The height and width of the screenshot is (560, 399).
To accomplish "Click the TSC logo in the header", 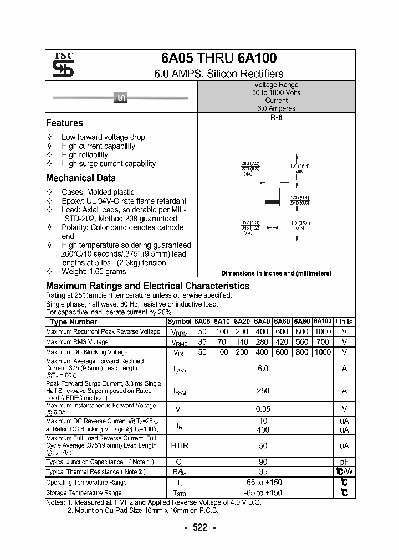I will pos(59,65).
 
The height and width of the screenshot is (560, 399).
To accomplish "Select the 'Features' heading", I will pos(64,123).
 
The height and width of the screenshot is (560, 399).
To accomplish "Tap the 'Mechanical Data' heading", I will pos(81,178).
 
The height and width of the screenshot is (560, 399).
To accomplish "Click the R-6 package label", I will pos(277,118).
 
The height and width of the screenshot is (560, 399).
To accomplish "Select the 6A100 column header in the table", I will pos(323,322).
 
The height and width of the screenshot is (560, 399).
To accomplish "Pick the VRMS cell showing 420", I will pos(282,342).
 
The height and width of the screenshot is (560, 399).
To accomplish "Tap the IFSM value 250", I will pos(263,391).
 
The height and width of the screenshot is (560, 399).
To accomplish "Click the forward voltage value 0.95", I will pos(263,409).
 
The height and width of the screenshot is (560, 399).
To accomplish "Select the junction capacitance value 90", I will pos(263,462).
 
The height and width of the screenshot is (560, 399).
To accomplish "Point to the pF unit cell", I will pos(344,462).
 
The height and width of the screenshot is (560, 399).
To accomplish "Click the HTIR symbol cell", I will pos(180,445).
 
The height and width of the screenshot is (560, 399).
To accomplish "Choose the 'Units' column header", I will pos(344,322).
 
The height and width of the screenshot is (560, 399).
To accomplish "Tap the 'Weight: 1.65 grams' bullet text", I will pos(94,271).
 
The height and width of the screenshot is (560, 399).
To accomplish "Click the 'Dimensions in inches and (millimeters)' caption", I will pos(276,273).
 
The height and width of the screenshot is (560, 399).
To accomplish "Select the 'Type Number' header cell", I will pos(73,322).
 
